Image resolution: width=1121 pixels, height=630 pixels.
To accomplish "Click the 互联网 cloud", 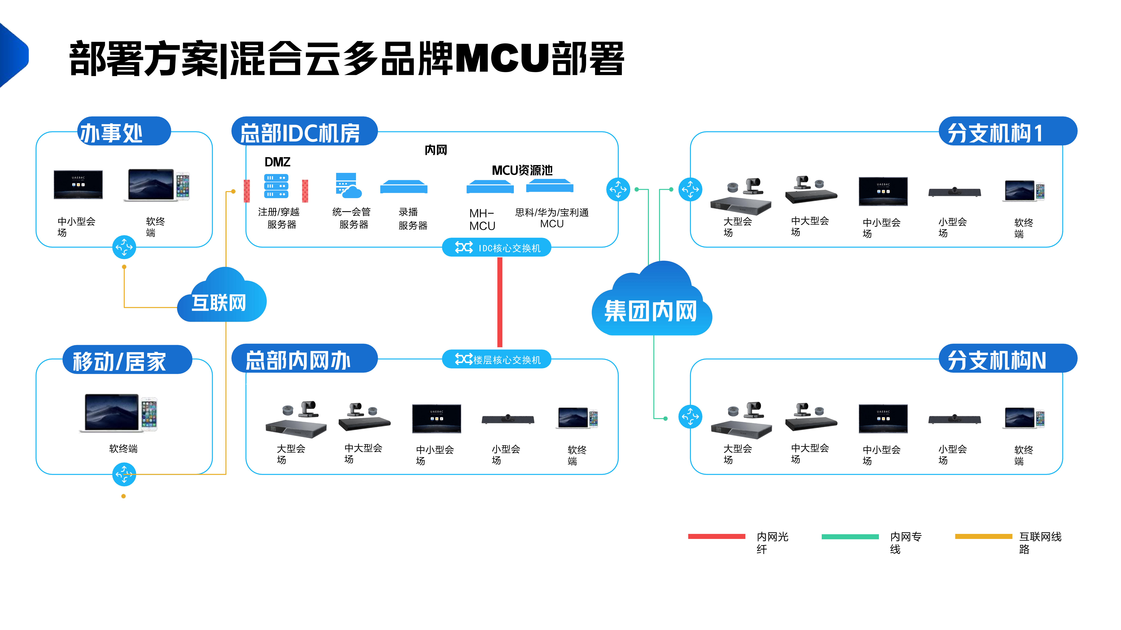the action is pos(222,296).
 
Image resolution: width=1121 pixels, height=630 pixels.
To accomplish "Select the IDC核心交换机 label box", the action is pos(497,248).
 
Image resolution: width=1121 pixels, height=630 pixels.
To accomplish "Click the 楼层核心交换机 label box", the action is pos(497,360).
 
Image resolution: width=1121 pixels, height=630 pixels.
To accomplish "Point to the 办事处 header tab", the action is pos(124,131).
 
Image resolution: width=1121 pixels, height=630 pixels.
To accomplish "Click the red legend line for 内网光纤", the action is pos(717,537).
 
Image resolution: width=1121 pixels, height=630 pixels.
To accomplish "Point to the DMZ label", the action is pos(277,162).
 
